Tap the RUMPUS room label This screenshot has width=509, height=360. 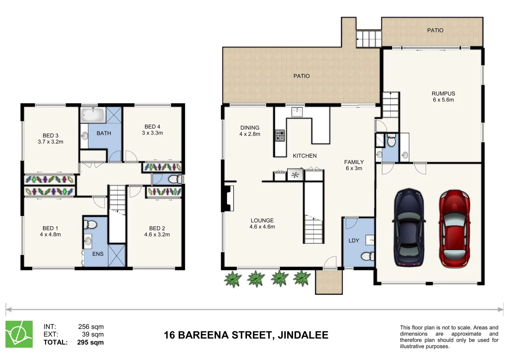[443, 94]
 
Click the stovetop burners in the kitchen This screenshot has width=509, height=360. [280, 136]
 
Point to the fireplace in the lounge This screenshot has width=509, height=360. [228, 198]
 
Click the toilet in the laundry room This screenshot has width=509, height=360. [367, 256]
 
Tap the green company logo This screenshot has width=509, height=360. [19, 334]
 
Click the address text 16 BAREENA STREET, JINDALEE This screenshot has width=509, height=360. [246, 335]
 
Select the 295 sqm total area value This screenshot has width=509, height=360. [90, 342]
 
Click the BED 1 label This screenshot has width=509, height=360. [50, 228]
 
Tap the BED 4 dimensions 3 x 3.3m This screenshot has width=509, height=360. [152, 133]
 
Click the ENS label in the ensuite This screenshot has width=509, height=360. [98, 254]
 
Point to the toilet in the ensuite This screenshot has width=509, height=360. [91, 224]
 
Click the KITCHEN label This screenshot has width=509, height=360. [304, 156]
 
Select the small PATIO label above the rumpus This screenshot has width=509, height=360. [435, 30]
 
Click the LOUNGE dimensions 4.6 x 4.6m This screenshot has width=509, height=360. [262, 227]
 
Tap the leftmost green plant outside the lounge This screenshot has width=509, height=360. [232, 279]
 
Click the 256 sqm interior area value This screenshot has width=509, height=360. [91, 327]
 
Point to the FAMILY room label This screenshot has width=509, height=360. [354, 162]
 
